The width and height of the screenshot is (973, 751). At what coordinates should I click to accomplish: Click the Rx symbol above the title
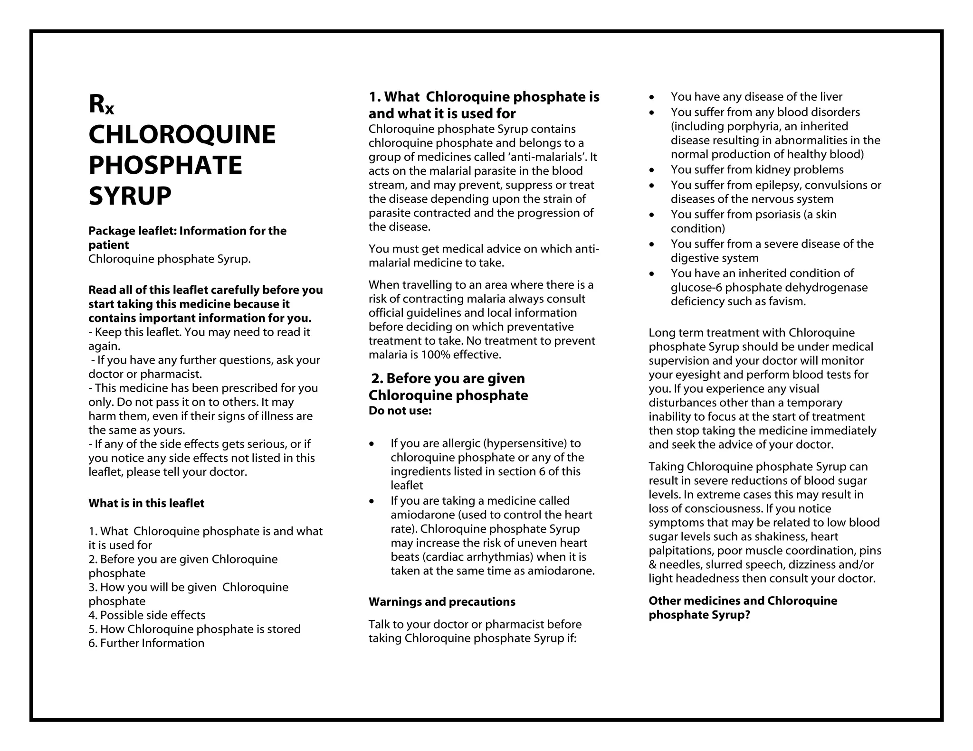[x=101, y=104]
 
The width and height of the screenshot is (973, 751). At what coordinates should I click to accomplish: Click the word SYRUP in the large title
[x=130, y=196]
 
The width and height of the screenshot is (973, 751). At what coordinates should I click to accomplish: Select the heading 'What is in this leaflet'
[x=146, y=503]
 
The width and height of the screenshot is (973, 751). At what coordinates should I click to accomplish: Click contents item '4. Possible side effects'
[x=147, y=615]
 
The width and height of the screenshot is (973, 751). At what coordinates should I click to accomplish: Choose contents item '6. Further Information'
[x=146, y=643]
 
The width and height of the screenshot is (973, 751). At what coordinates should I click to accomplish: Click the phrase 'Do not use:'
[x=400, y=411]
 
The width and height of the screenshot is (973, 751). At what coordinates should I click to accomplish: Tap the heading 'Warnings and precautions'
[x=442, y=602]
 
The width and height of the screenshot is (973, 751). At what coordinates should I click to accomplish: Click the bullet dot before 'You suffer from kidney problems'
[x=652, y=170]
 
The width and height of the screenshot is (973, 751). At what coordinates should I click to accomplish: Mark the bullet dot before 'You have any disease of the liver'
[x=652, y=97]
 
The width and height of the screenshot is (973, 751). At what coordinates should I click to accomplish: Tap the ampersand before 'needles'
[x=652, y=565]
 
